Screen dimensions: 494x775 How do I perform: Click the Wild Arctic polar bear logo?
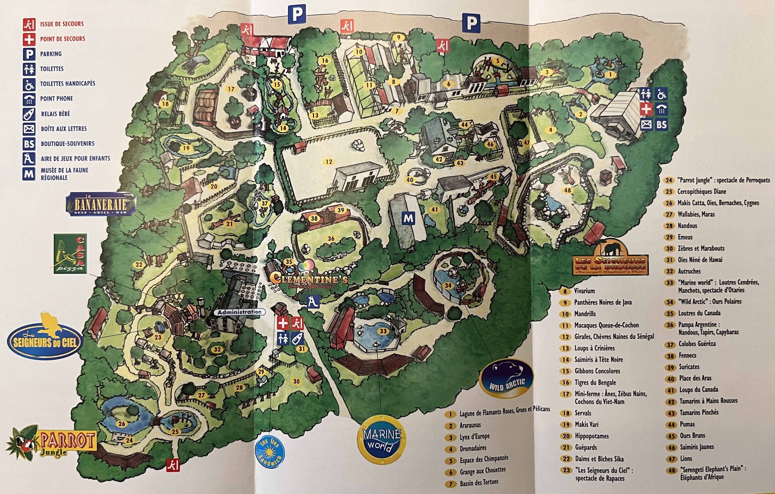tap(506, 378)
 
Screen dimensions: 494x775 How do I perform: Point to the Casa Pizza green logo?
tap(70, 253)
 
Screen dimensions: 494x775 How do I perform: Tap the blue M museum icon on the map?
tap(408, 219)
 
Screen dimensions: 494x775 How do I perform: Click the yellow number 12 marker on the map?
tap(329, 161)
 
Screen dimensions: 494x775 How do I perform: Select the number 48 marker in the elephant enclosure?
tap(567, 190)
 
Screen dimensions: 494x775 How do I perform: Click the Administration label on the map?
tap(239, 312)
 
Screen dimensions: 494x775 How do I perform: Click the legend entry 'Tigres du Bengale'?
tap(595, 382)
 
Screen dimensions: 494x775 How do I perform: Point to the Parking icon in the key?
tap(29, 54)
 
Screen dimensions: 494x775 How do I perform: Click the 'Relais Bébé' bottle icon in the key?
tap(29, 114)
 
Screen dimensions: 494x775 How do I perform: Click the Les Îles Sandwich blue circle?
tap(270, 451)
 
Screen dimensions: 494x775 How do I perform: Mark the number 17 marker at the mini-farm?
tap(231, 89)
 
